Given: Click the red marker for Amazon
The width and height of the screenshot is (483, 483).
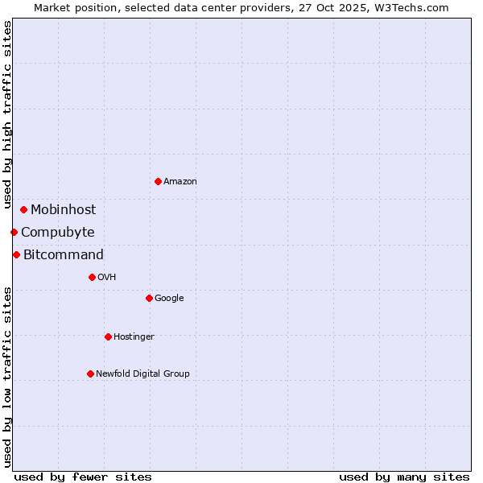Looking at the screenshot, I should (x=158, y=181).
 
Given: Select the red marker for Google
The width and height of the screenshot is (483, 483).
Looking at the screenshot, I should (x=149, y=298).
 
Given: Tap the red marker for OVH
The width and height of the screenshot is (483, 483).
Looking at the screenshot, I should (x=92, y=277).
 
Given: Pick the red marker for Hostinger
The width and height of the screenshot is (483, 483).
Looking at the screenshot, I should (x=108, y=336).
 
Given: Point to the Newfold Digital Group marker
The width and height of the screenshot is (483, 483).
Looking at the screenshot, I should (x=90, y=374).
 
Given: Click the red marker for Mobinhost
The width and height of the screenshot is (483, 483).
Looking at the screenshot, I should (x=23, y=209).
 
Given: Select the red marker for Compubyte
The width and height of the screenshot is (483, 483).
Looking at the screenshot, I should (x=14, y=232).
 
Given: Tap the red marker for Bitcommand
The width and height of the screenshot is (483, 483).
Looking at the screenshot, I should (x=16, y=254).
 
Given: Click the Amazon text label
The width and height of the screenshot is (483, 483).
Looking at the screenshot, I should (x=180, y=182).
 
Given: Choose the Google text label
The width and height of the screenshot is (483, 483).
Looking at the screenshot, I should (x=169, y=299).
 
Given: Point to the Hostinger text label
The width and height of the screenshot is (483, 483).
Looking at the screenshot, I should (x=134, y=337).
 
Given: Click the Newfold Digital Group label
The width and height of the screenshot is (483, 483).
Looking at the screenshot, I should (x=142, y=374).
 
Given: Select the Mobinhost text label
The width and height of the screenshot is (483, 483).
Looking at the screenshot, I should (x=63, y=210).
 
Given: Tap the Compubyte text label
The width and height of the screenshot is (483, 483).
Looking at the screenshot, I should (x=57, y=233).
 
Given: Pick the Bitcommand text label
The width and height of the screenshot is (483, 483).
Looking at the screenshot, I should (x=64, y=255).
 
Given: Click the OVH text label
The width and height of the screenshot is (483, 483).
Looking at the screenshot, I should (x=107, y=278).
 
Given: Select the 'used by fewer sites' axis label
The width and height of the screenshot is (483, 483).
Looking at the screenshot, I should (x=83, y=477).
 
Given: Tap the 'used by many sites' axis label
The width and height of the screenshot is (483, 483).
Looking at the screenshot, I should (x=404, y=477).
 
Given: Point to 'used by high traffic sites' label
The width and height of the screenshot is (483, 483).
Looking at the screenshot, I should (x=7, y=115).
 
